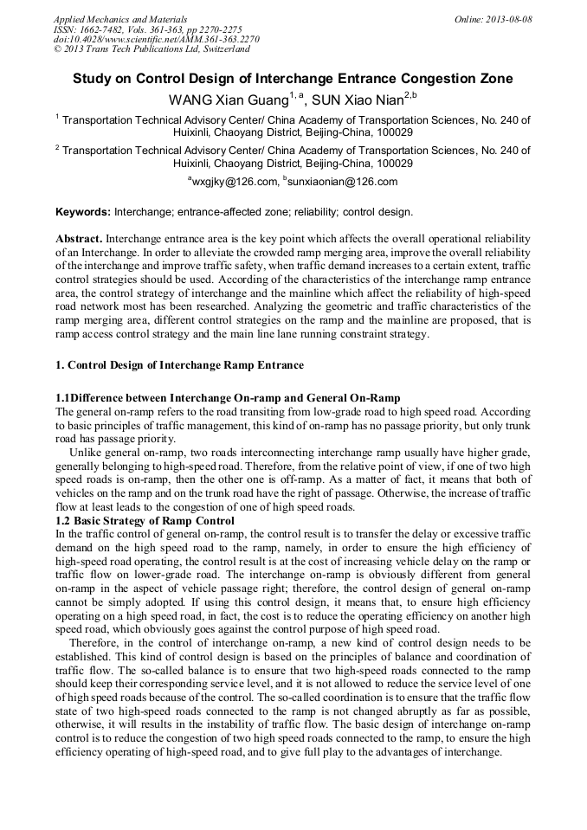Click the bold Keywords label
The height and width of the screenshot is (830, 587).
click(82, 212)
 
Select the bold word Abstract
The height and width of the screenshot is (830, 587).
click(79, 238)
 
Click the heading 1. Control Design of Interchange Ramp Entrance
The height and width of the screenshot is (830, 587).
click(179, 365)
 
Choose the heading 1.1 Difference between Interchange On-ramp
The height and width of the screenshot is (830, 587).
click(228, 397)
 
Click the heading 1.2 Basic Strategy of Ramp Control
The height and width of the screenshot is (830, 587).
click(145, 520)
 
